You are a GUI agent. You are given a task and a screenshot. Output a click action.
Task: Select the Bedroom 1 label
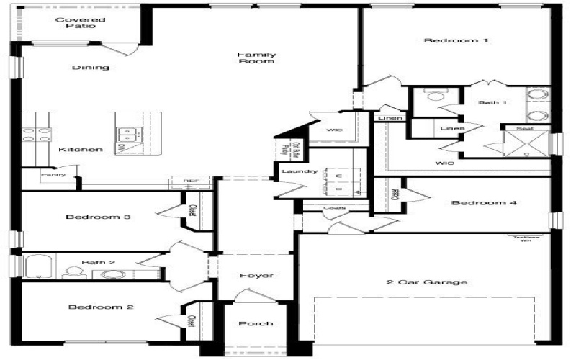[456, 41]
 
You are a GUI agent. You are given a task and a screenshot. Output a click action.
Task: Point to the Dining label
[91, 68]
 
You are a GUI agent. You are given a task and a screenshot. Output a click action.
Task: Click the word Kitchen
[81, 150]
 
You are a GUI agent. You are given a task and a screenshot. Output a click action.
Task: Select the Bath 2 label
[98, 263]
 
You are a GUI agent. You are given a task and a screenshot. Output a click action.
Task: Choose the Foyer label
[256, 276]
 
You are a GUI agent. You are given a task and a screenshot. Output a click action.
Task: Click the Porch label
[256, 324]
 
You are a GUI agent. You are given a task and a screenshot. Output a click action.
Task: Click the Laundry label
[300, 171]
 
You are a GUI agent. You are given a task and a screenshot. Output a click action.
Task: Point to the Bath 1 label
[492, 102]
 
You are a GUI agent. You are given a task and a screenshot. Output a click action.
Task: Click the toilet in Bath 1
[436, 96]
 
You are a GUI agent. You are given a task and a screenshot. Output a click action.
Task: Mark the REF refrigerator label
[191, 181]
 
